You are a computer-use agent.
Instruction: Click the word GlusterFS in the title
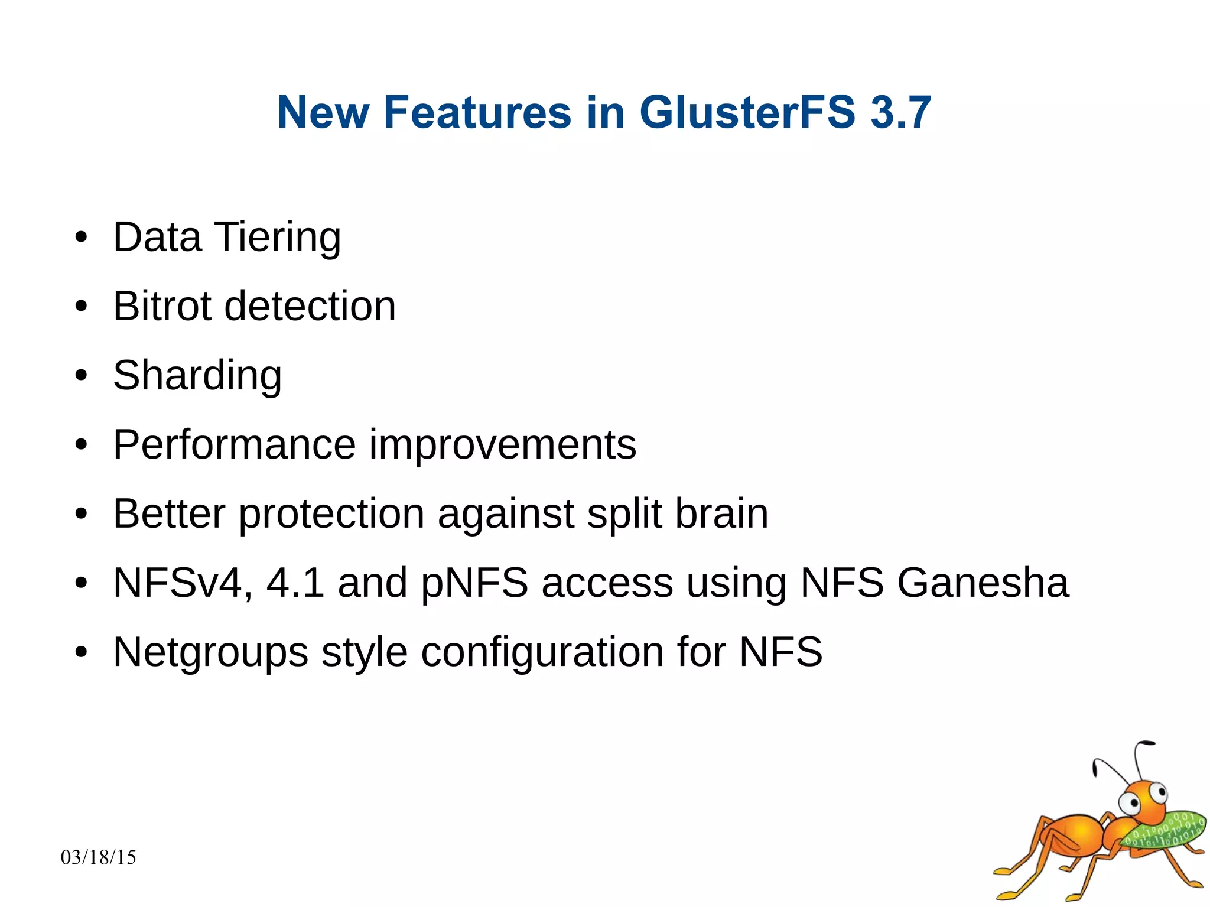[x=747, y=112]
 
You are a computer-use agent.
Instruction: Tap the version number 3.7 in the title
[x=900, y=112]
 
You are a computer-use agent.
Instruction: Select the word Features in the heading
[x=477, y=112]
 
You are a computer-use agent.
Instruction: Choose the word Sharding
[x=197, y=376]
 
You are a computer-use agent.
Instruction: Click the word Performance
[x=235, y=444]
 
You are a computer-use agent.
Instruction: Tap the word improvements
[x=503, y=444]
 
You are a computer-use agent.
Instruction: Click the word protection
[x=331, y=513]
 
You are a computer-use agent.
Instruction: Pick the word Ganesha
[x=983, y=583]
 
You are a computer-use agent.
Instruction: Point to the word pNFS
[x=474, y=583]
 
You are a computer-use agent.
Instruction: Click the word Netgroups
[x=210, y=652]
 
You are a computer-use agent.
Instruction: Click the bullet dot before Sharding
[x=82, y=376]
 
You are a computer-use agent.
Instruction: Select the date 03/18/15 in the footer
[x=98, y=857]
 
